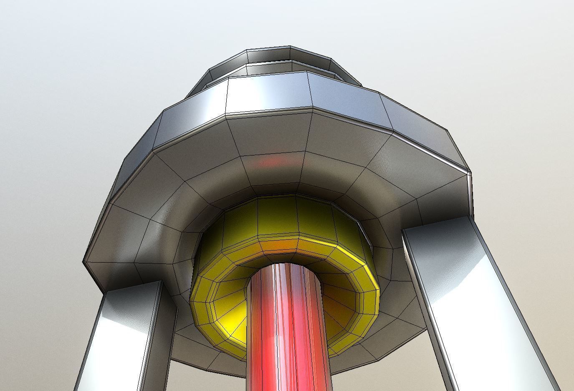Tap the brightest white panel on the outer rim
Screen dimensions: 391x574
[x=267, y=94]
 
